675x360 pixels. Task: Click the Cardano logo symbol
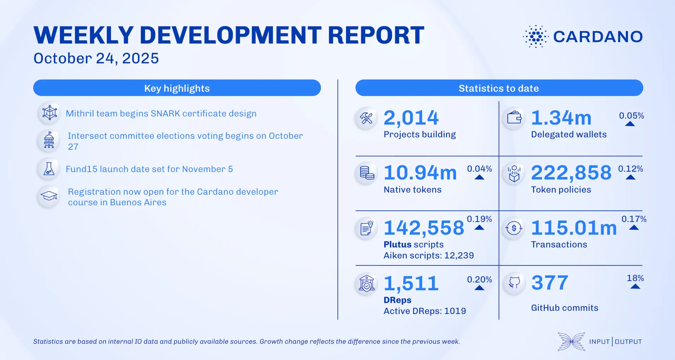536,36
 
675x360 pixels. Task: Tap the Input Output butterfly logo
571,342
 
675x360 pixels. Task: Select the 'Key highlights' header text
177,88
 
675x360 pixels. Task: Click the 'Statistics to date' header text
498,88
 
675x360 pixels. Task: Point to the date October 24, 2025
96,58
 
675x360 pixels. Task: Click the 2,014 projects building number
411,118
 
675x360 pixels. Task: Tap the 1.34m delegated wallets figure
561,118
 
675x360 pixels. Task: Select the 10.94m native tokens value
420,173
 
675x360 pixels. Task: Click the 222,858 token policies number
571,173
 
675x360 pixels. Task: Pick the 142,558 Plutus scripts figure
424,228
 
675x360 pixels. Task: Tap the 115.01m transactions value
574,228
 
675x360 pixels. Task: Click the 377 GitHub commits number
550,283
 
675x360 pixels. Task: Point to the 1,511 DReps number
411,283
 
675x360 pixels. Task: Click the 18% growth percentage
635,278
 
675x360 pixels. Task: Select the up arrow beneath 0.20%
479,288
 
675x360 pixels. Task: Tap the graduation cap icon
49,196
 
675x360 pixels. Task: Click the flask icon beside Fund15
49,169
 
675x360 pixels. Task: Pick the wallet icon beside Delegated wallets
514,118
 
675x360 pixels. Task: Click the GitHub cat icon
514,282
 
